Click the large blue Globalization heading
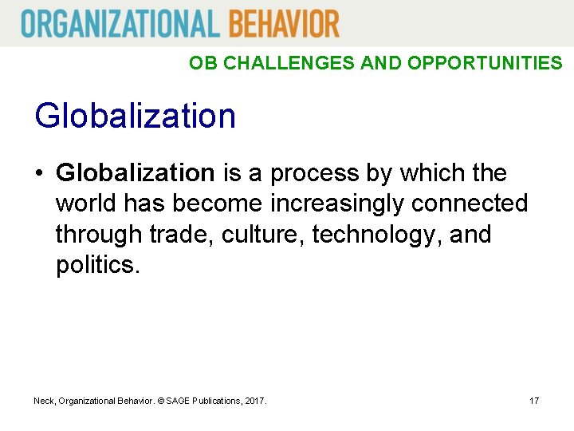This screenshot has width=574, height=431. (x=136, y=116)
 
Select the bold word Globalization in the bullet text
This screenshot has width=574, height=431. (x=136, y=172)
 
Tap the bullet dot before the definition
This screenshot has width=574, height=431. (x=39, y=173)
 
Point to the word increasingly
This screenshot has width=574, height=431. (x=338, y=204)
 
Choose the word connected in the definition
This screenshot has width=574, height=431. (x=470, y=204)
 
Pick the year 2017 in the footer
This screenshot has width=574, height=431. (x=254, y=400)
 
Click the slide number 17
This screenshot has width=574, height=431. (x=534, y=400)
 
